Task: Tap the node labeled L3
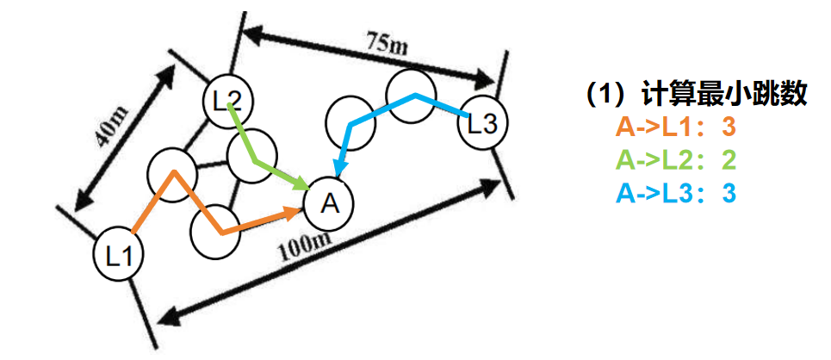click(x=482, y=123)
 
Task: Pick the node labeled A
click(x=329, y=202)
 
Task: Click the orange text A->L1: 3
click(x=676, y=128)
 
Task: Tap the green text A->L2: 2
click(x=676, y=161)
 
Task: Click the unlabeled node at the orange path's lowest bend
click(x=215, y=232)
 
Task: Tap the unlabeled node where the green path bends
click(x=251, y=158)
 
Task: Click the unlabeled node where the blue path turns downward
click(x=352, y=121)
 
